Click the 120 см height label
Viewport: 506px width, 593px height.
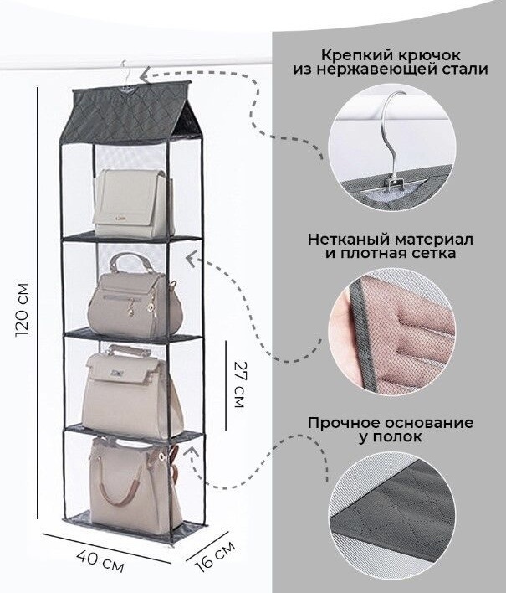click(x=21, y=309)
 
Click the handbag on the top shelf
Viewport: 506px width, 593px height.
click(x=134, y=203)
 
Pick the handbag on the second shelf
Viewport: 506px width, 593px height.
click(x=135, y=296)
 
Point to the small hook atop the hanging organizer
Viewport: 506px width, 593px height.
click(x=125, y=75)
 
